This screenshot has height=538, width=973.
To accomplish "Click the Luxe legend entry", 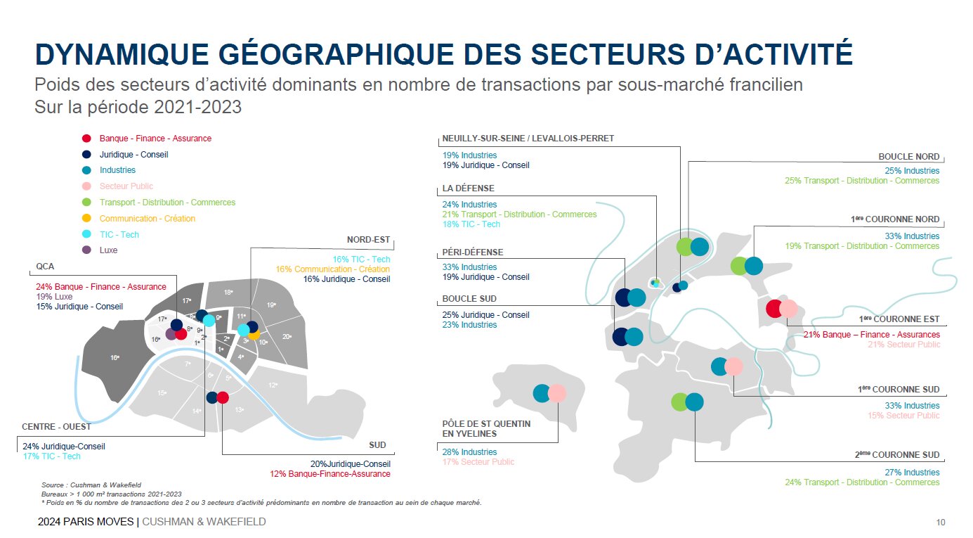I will [108, 250].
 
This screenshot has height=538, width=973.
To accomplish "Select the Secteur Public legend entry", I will [126, 186].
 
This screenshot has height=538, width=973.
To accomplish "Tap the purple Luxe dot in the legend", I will [86, 250].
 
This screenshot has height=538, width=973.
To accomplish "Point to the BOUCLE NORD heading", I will [908, 157].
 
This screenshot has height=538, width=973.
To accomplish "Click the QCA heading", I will [45, 267].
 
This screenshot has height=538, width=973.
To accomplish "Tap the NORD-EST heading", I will [368, 240].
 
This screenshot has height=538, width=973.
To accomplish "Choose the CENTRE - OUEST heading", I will [56, 426].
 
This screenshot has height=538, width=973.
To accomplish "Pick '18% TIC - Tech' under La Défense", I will [471, 224].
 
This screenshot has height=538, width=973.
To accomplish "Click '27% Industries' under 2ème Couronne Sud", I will [911, 473].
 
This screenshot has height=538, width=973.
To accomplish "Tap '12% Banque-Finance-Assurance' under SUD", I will [329, 474].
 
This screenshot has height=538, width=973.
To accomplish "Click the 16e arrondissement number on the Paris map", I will [115, 358].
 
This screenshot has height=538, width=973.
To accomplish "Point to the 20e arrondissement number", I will [286, 336].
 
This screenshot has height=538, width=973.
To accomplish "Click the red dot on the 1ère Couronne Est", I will [773, 308].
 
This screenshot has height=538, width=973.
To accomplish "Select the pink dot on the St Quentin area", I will [557, 393].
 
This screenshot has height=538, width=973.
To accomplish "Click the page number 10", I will [940, 523].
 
